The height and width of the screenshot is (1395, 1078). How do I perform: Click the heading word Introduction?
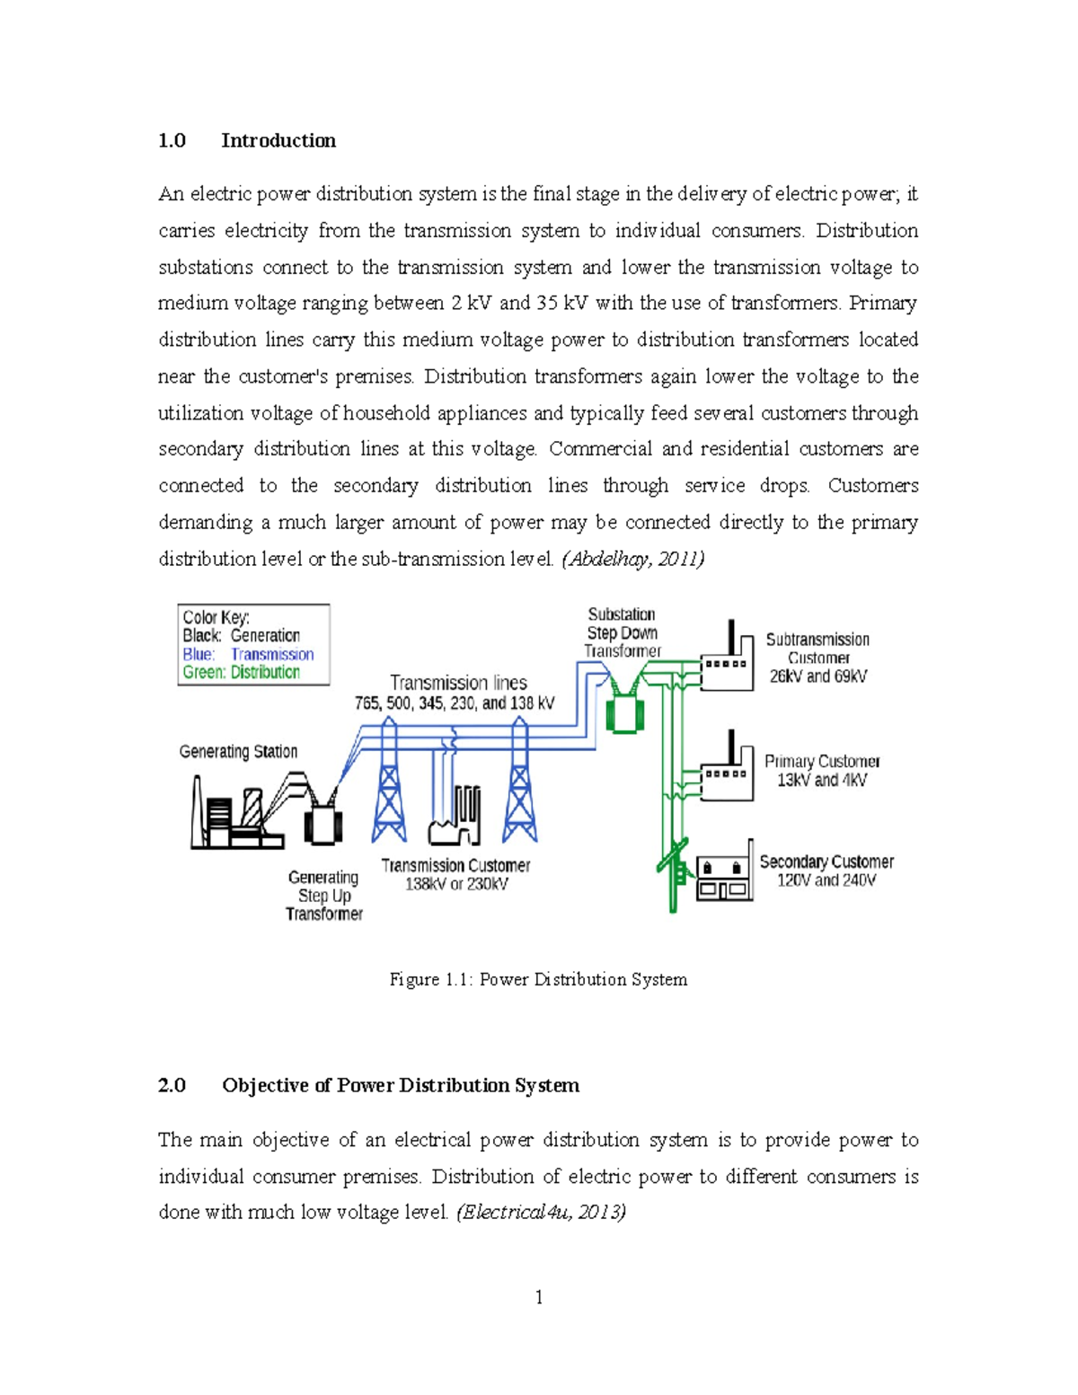click(278, 140)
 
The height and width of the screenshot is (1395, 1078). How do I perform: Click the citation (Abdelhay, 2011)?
click(632, 559)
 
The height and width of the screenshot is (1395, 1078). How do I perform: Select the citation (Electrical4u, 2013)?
click(541, 1212)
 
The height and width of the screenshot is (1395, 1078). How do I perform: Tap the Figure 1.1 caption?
click(538, 979)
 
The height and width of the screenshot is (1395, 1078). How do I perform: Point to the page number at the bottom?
click(538, 1297)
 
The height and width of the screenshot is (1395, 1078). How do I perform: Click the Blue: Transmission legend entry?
click(248, 654)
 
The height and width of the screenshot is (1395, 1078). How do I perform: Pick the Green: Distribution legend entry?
click(241, 672)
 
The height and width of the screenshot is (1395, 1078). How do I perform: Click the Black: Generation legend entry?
click(241, 635)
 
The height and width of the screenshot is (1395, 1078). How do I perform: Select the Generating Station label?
click(238, 751)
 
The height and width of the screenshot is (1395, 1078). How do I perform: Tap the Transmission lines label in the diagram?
click(458, 683)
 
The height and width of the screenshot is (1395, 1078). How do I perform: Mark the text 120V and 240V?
click(826, 880)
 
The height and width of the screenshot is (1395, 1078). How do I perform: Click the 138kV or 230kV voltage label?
click(456, 884)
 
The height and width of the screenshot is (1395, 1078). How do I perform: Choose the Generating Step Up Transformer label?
click(324, 896)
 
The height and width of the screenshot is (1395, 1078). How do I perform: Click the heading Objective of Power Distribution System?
click(401, 1085)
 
